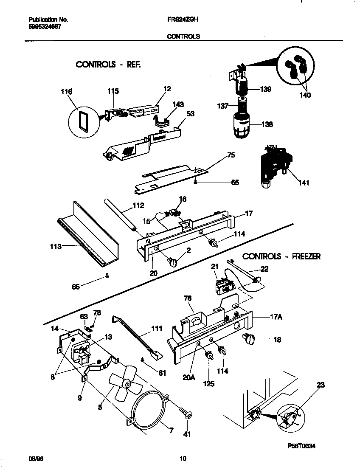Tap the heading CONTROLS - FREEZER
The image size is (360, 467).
281,256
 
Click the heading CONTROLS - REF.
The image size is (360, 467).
107,65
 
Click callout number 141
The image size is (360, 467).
304,183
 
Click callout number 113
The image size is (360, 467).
56,246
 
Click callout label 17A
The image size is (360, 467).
276,316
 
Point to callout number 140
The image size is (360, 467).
305,95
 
